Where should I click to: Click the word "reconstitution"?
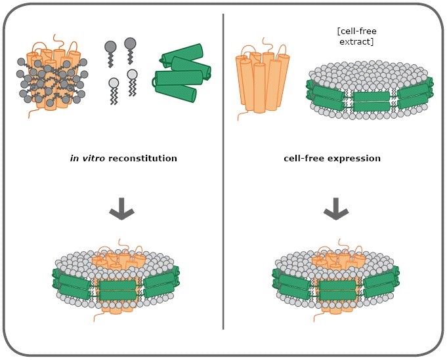[x=142, y=158]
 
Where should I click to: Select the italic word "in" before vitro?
[x=74, y=158]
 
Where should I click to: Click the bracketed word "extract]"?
[x=356, y=41]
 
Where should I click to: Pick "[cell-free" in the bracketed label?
[x=356, y=31]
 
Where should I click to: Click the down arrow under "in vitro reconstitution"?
[x=121, y=209]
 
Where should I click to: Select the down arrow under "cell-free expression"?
[x=336, y=209]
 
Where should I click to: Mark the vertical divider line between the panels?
[x=223, y=171]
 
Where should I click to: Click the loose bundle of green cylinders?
[x=182, y=73]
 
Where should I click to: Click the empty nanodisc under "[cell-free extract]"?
[x=370, y=90]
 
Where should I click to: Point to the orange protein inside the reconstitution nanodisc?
[x=119, y=281]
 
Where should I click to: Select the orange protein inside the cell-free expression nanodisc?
[x=338, y=281]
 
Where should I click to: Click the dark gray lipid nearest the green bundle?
[x=131, y=50]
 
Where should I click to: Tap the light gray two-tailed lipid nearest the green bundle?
[x=132, y=82]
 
